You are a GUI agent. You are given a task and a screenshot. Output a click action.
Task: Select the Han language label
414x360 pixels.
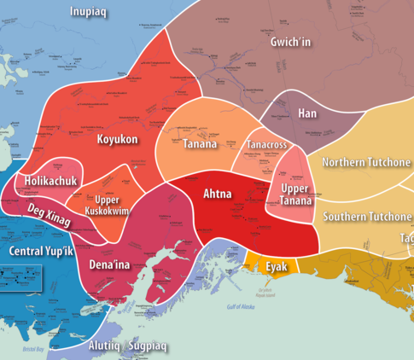pyautogui.click(x=307, y=113)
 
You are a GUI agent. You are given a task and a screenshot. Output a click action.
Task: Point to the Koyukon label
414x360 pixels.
pyautogui.click(x=117, y=139)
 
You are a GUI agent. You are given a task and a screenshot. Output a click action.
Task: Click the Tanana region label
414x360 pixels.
pyautogui.click(x=200, y=144)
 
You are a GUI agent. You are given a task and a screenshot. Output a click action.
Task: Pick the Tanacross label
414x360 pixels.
pyautogui.click(x=266, y=145)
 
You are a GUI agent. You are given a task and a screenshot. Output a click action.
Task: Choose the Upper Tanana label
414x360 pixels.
pyautogui.click(x=294, y=194)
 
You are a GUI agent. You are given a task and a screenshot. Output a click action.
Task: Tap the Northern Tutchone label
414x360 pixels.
pyautogui.click(x=364, y=162)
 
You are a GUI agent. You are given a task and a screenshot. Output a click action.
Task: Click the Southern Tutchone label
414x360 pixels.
pyautogui.click(x=367, y=216)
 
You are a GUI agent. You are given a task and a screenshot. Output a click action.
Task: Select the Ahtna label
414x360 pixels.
pyautogui.click(x=217, y=194)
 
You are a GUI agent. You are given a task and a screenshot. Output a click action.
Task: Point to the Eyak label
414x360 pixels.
pyautogui.click(x=276, y=267)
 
